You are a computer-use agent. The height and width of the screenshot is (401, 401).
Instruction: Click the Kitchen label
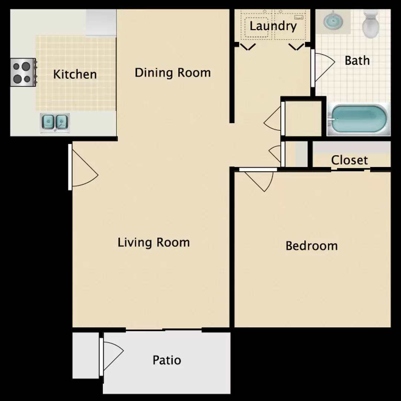tap(75, 74)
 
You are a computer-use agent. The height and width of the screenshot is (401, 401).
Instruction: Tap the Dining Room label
tap(173, 73)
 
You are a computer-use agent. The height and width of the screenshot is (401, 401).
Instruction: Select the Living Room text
tap(153, 242)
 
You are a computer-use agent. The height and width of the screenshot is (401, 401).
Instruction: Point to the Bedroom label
tap(312, 246)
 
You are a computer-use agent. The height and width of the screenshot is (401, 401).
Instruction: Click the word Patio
tap(167, 360)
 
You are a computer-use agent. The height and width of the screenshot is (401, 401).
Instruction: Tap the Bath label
tap(357, 61)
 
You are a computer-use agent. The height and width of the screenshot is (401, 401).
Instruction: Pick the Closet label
tap(349, 160)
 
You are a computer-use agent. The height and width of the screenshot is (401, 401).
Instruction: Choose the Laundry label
tap(273, 26)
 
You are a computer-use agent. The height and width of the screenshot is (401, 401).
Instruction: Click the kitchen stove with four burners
tap(23, 72)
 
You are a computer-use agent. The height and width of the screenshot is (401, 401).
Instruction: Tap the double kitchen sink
tap(55, 123)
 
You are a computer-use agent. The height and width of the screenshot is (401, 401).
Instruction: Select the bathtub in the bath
tap(358, 119)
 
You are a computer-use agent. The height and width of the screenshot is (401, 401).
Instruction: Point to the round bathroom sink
tap(333, 20)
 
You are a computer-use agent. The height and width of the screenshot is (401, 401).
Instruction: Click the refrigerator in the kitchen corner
tap(101, 23)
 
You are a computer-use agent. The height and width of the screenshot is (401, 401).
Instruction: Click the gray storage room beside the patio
tap(86, 355)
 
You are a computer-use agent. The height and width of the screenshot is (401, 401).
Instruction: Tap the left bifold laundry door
tap(248, 47)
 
